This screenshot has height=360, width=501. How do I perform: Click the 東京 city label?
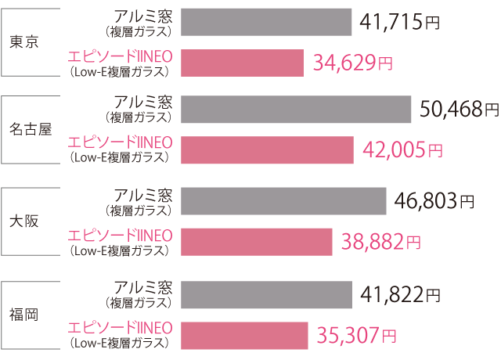pyautogui.click(x=24, y=43)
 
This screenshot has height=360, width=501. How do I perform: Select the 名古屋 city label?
pyautogui.click(x=31, y=129)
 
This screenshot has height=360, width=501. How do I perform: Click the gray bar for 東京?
pyautogui.click(x=266, y=23)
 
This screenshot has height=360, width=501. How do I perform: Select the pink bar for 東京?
pyautogui.click(x=242, y=63)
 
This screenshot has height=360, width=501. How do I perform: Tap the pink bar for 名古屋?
pyautogui.click(x=267, y=149)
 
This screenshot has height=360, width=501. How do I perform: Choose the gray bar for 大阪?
pyautogui.click(x=283, y=201)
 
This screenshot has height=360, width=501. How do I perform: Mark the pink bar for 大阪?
pyautogui.click(x=257, y=242)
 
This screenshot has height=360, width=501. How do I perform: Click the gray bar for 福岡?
pyautogui.click(x=267, y=295)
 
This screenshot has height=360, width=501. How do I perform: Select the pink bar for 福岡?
pyautogui.click(x=244, y=336)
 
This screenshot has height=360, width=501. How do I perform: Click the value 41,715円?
pyautogui.click(x=400, y=22)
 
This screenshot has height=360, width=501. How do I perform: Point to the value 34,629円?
pyautogui.click(x=352, y=63)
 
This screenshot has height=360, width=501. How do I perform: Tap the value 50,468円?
pyautogui.click(x=459, y=109)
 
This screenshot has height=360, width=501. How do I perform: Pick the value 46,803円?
pyautogui.click(x=434, y=201)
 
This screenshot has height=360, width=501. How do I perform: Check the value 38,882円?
pyautogui.click(x=381, y=242)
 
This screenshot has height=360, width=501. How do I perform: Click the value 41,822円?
pyautogui.click(x=401, y=295)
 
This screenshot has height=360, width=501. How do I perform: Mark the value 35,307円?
pyautogui.click(x=356, y=336)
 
